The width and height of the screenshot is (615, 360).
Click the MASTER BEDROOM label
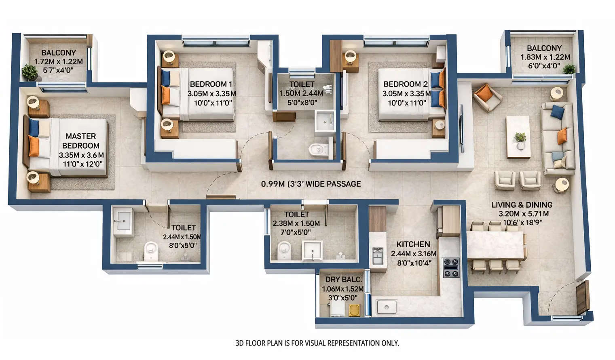(x=80, y=141)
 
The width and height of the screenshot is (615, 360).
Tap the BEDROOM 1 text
(x=211, y=84)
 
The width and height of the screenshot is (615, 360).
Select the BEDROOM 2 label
(x=405, y=84)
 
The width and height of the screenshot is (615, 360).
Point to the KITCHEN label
(x=413, y=244)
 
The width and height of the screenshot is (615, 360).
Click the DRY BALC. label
(x=343, y=279)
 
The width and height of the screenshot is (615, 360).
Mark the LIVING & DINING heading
(x=522, y=205)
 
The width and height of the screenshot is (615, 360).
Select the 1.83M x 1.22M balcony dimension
(x=545, y=57)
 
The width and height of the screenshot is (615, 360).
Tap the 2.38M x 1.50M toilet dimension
(x=296, y=223)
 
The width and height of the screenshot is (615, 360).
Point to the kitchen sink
(x=386, y=307)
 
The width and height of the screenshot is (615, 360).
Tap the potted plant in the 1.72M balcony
(x=30, y=72)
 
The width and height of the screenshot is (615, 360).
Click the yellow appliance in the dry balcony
(x=354, y=310)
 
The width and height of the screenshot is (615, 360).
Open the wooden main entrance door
(x=583, y=297)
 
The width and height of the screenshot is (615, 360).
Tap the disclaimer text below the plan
(x=317, y=343)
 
